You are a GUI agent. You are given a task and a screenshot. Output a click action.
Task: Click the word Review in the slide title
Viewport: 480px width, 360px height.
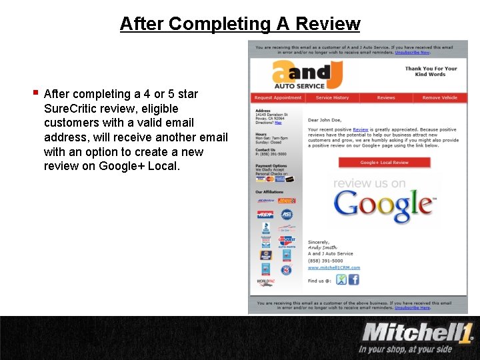(x=327, y=24)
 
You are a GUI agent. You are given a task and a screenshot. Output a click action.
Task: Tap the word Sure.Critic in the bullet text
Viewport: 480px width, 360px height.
(x=72, y=108)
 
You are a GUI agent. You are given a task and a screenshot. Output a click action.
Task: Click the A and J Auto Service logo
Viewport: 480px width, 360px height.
(x=299, y=75)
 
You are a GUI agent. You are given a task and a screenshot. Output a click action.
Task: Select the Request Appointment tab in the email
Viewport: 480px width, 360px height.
(x=278, y=98)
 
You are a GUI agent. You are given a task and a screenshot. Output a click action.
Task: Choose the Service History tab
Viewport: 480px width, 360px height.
(x=332, y=98)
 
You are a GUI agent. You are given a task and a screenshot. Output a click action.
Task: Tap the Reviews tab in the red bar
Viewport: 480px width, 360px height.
(x=386, y=98)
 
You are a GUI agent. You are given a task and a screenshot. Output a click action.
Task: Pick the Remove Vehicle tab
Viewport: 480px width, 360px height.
(x=440, y=98)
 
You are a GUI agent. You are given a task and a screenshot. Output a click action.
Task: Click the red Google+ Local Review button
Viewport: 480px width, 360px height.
(x=385, y=163)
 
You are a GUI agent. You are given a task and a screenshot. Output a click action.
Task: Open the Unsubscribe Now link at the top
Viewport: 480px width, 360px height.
(x=412, y=52)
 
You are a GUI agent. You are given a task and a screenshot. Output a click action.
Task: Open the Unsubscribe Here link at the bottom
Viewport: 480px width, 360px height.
(x=412, y=308)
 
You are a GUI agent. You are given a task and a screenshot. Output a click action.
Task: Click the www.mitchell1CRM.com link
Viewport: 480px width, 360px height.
(x=334, y=267)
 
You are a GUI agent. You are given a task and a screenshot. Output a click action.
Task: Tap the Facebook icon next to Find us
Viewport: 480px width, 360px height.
(x=353, y=280)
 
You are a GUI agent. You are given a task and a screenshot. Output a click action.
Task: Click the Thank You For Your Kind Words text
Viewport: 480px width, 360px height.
(x=431, y=71)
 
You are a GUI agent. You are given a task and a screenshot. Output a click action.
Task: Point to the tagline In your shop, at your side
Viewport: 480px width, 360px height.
(x=405, y=349)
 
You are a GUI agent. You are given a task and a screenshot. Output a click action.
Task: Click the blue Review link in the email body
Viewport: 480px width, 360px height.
(x=361, y=129)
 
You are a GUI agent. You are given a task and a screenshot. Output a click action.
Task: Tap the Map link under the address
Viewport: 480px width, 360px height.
(x=278, y=123)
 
